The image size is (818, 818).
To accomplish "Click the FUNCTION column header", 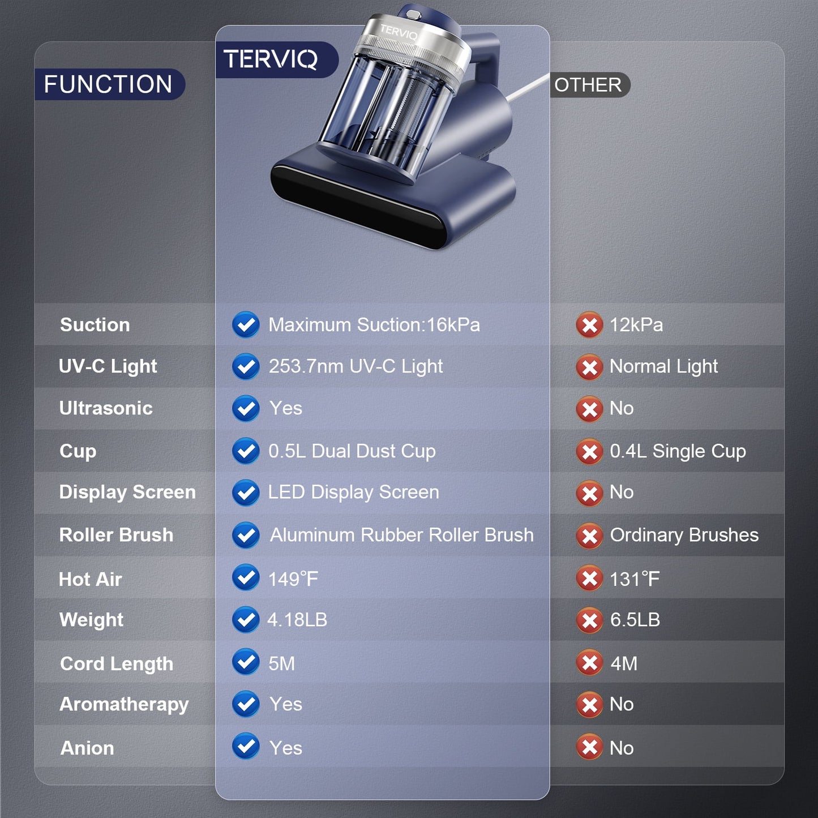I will [x=108, y=84].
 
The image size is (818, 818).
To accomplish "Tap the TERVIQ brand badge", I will [x=271, y=59].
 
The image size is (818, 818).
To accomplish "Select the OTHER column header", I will [x=588, y=85].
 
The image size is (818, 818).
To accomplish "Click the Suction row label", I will [x=95, y=325].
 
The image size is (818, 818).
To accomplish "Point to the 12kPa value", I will [x=636, y=325].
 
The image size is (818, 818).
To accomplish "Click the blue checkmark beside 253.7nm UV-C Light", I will [x=246, y=367].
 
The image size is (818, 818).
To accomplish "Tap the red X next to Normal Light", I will [x=589, y=367].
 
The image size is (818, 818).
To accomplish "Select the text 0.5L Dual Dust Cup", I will [x=352, y=451].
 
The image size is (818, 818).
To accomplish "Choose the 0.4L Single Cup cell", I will [x=678, y=451].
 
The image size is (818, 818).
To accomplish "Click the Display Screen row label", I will [x=127, y=492].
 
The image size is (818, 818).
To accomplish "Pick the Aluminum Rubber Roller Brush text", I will [x=401, y=535].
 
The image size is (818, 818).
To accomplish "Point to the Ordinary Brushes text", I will [x=684, y=535].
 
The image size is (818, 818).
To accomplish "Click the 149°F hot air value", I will [x=293, y=579].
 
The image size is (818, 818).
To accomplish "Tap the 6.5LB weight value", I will [x=635, y=620].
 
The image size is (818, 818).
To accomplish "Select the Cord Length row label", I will [x=117, y=663].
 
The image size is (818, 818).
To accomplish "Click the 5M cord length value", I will [x=281, y=663].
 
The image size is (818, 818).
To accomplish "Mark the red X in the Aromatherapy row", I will [x=589, y=705].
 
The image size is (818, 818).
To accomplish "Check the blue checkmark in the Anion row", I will [x=246, y=747].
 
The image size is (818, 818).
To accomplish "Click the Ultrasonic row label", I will [x=106, y=408].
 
